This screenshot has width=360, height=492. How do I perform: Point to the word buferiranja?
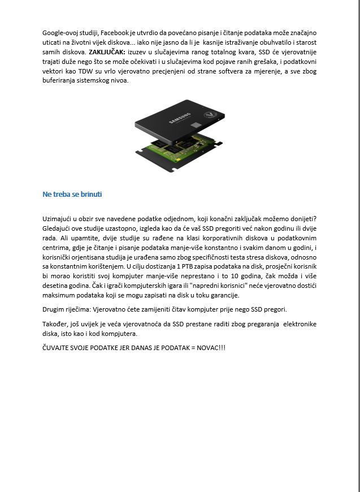click(60, 80)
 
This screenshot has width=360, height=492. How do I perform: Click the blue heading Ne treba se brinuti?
click(72, 195)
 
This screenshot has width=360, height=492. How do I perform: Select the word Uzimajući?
click(58, 219)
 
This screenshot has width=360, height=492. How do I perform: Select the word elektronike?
click(297, 324)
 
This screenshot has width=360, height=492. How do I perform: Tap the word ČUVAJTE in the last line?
click(58, 348)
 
